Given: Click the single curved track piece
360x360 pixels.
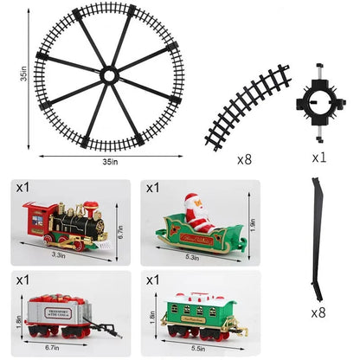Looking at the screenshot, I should coord(247,106).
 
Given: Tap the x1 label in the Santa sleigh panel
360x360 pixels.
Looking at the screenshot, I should coord(152,187).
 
